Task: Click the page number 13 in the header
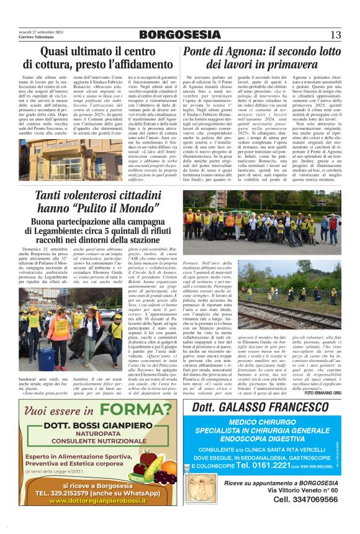tap(336, 35)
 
